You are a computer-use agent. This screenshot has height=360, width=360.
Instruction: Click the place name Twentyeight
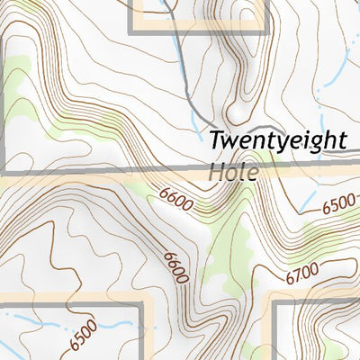(x=277, y=141)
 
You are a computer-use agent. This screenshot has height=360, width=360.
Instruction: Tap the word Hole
(x=232, y=171)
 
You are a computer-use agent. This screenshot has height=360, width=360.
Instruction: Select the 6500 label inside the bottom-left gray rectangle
(x=81, y=339)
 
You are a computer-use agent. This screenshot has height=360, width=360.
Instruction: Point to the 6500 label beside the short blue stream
(x=339, y=206)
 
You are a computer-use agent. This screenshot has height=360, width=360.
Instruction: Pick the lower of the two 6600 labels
(x=175, y=266)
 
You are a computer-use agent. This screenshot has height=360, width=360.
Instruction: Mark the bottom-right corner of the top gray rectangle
(x=266, y=31)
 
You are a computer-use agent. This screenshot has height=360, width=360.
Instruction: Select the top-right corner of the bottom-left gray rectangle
(x=141, y=305)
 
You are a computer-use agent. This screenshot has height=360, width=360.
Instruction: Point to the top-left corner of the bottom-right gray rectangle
(x=275, y=304)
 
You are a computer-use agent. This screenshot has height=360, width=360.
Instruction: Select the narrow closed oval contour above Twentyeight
(x=237, y=90)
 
